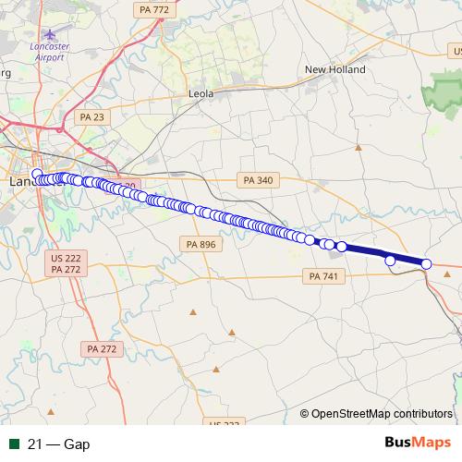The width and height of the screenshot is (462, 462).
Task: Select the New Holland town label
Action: [x=335, y=69]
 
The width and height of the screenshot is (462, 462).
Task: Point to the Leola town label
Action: [x=201, y=94]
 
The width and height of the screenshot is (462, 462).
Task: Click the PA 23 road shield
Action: [x=92, y=116]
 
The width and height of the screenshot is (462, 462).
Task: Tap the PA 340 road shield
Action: [x=255, y=180]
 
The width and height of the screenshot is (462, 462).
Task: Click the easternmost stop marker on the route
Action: [x=427, y=264]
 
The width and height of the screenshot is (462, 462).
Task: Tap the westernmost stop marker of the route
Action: [x=37, y=174]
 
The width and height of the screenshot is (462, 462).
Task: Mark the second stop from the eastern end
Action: [x=390, y=261]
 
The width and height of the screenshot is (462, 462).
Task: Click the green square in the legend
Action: [x=14, y=444]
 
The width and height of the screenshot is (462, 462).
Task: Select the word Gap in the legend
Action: [x=77, y=444]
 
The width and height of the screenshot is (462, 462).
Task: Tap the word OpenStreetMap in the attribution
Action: [x=350, y=413]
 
